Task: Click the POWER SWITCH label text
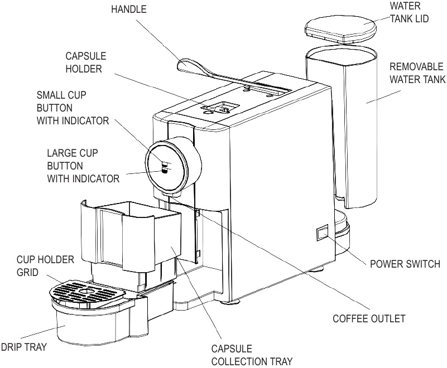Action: coord(405,263)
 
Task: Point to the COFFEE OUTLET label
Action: coord(369,319)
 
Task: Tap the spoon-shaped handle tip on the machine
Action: coord(189,66)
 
